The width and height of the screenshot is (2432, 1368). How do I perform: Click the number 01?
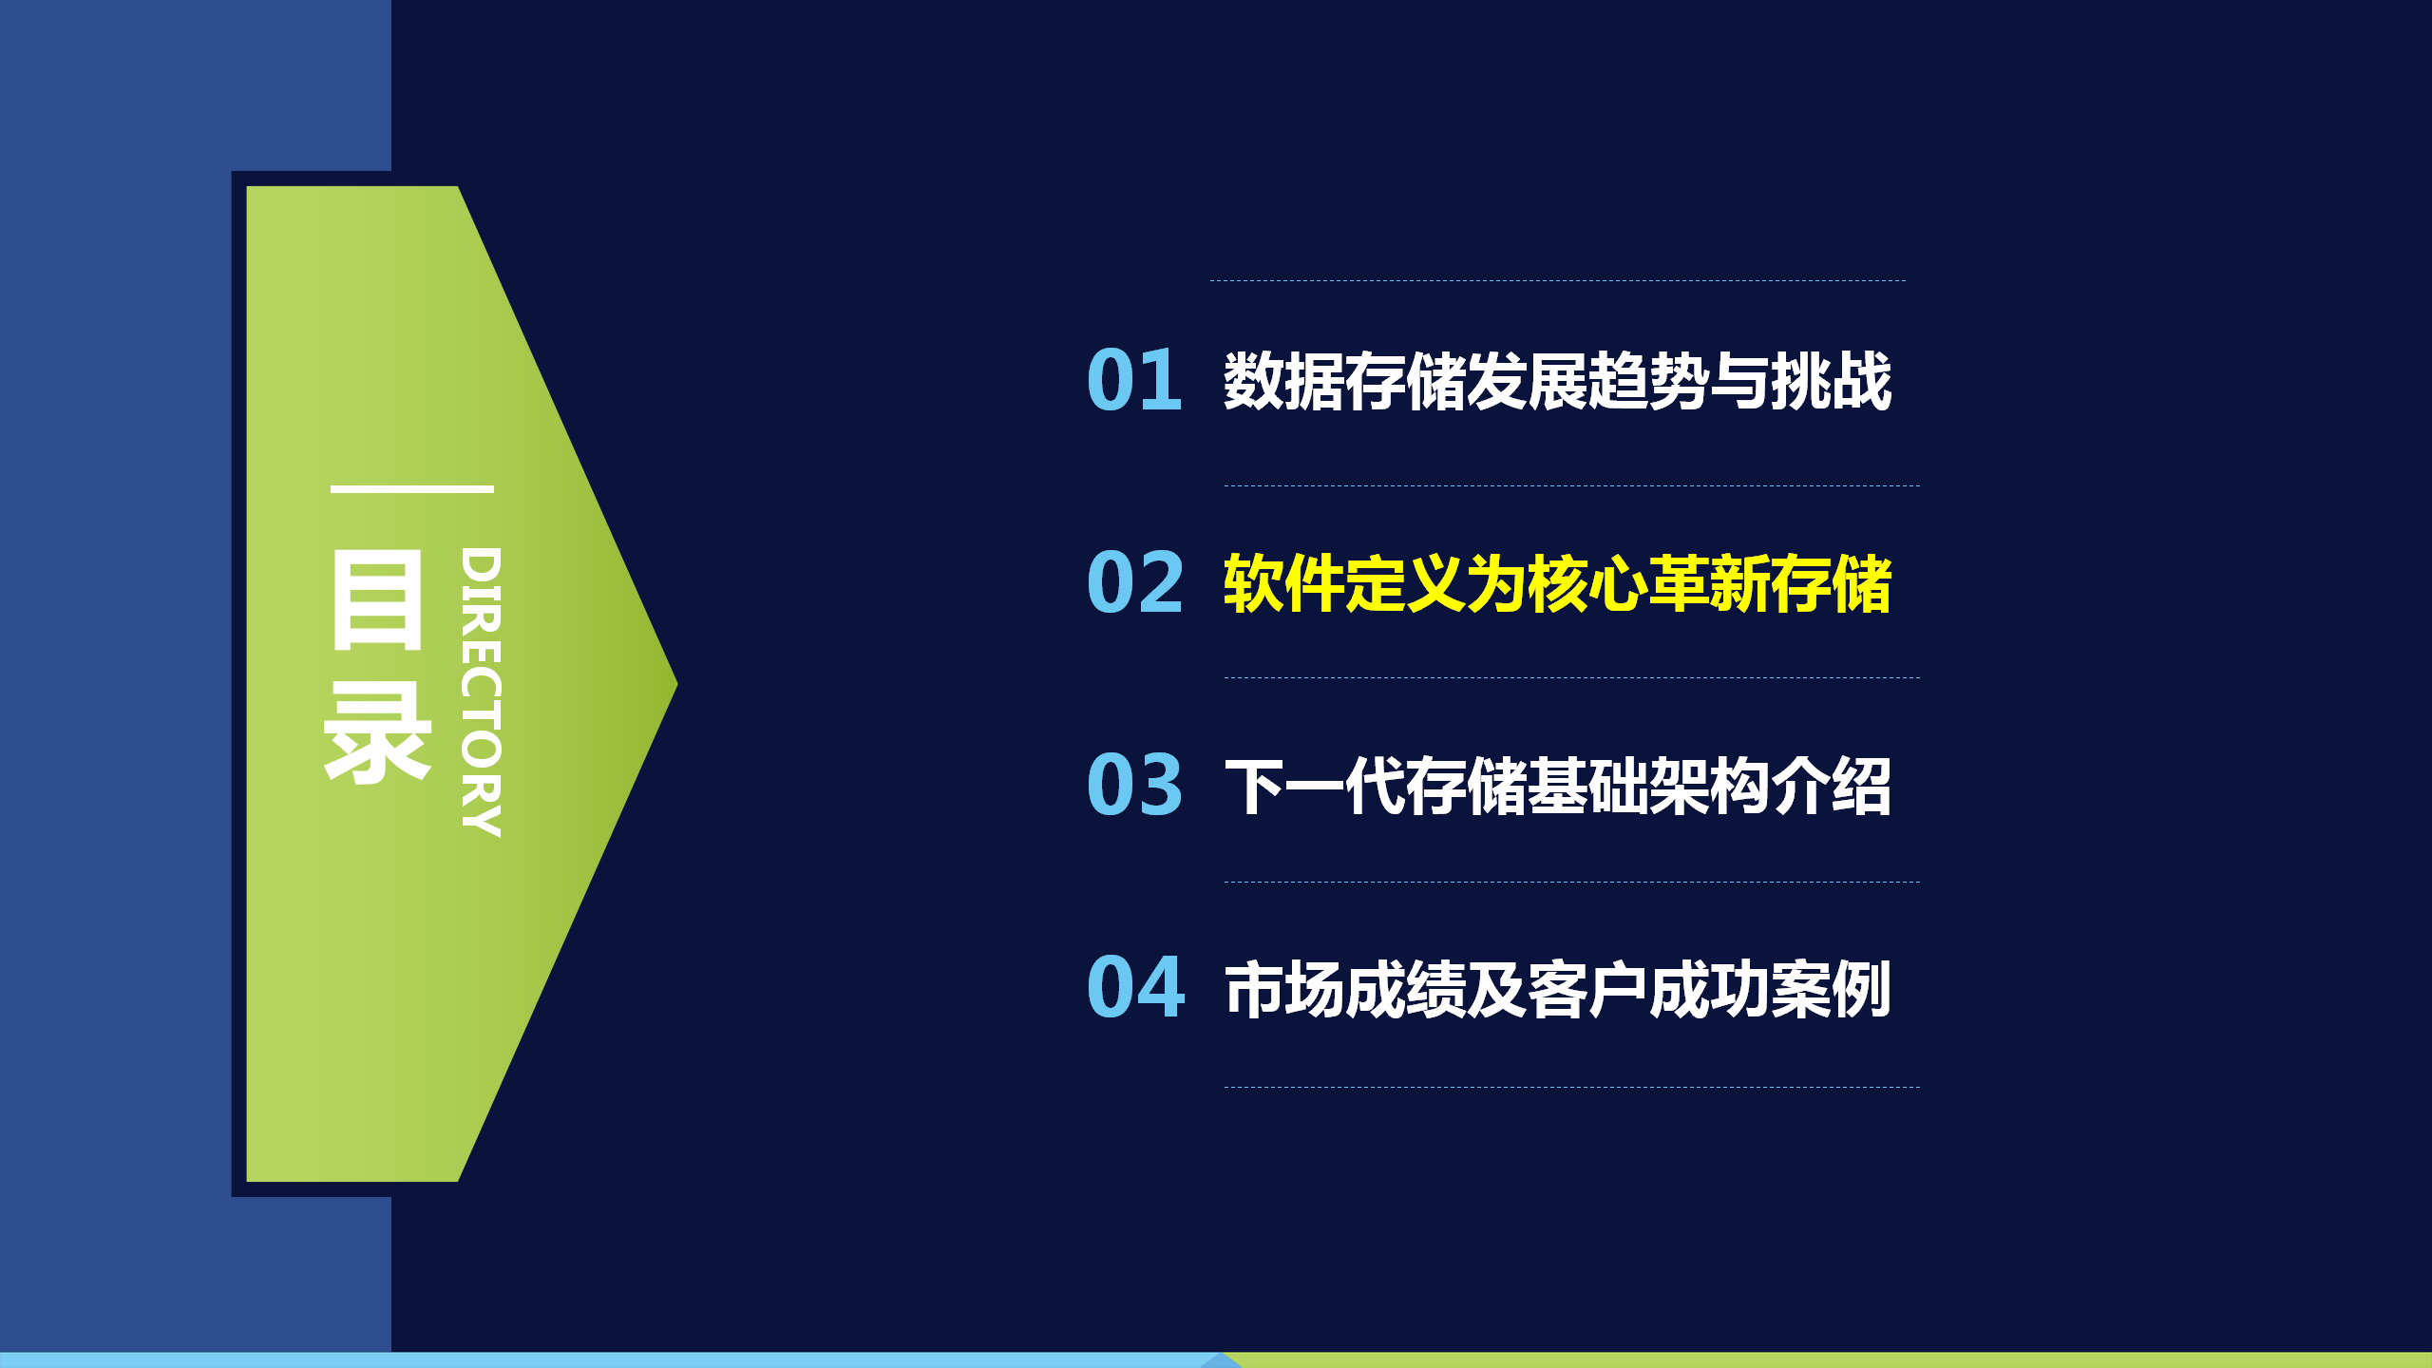1134,380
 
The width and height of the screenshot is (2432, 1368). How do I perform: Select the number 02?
1135,582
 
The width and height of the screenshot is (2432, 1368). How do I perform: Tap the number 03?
1135,785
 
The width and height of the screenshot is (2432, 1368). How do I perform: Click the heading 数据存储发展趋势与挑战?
1558,381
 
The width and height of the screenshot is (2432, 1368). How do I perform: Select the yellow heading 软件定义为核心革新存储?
1558,583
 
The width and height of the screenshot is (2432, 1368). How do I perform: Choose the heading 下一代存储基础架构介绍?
1558,786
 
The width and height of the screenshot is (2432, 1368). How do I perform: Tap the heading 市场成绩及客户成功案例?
1558,989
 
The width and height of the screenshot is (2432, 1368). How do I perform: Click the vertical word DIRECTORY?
481,692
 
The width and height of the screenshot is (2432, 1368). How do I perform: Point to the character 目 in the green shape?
377,599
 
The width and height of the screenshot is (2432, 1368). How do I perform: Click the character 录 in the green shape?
377,732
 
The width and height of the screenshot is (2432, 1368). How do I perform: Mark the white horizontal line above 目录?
412,489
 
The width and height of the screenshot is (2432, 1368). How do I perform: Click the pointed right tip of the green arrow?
676,684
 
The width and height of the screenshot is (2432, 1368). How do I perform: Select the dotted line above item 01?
1558,280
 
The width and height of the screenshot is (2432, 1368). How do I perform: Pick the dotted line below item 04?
1572,1087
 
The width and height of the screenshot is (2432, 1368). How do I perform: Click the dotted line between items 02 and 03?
1572,677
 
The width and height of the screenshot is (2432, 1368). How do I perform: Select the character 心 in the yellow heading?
1619,583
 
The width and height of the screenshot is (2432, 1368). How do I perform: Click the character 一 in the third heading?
1315,787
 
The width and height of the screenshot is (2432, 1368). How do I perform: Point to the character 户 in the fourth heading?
1619,989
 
